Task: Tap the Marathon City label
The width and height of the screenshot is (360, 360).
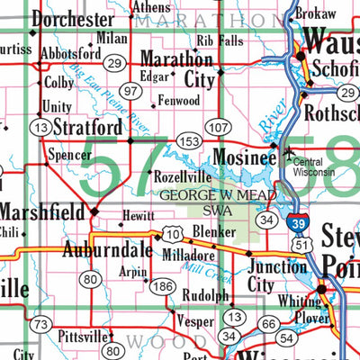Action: [182, 68]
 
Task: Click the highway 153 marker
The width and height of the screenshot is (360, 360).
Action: [188, 141]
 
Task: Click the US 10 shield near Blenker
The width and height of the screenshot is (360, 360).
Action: [173, 235]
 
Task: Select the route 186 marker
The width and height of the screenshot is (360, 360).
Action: [162, 287]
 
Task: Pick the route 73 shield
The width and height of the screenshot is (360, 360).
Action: [39, 325]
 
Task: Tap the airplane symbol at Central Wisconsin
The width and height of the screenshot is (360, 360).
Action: [287, 154]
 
